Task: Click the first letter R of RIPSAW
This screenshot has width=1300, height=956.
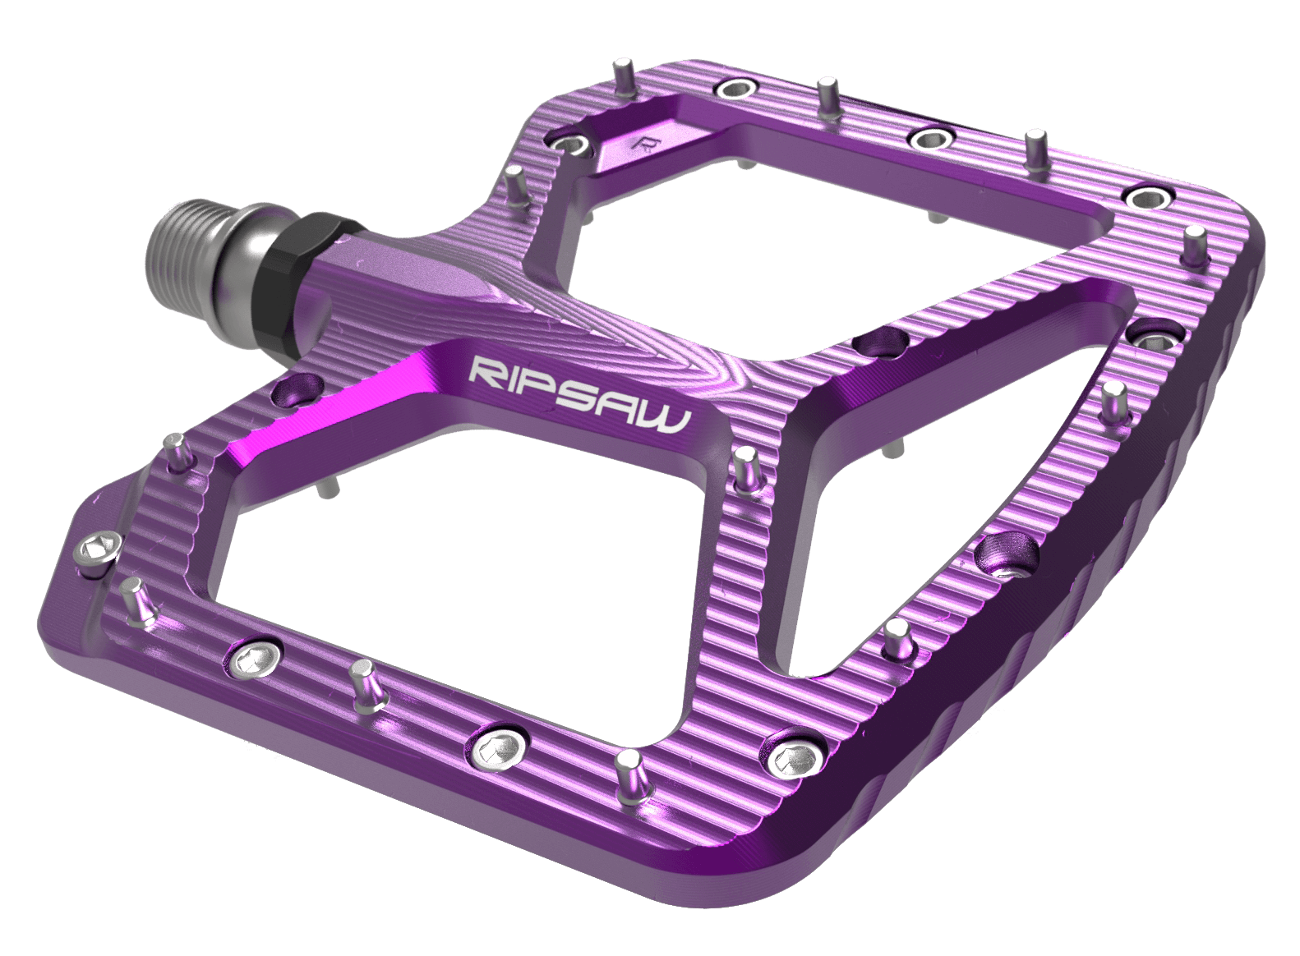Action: tap(487, 370)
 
